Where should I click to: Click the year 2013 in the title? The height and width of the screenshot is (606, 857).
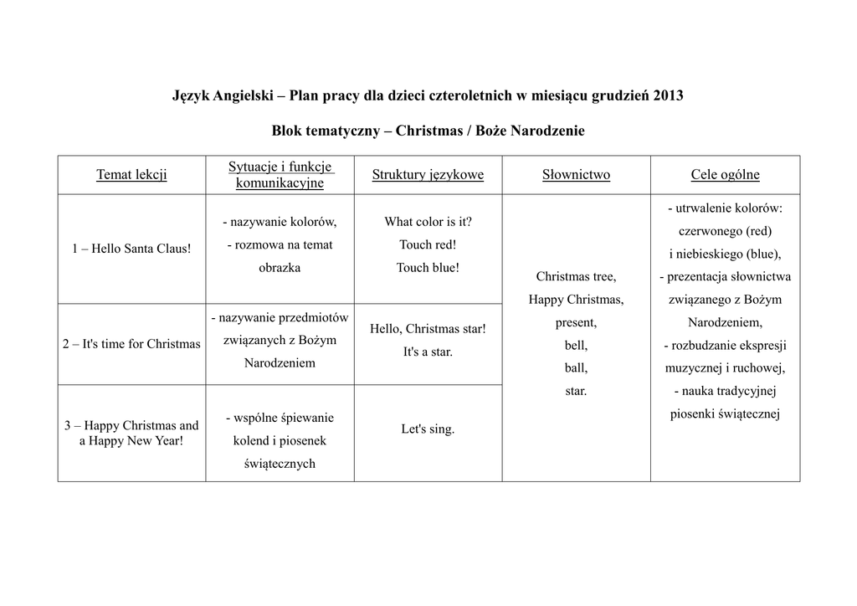coord(667,95)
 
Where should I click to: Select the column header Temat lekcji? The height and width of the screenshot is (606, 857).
coord(131,175)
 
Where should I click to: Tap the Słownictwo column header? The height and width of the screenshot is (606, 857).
coord(576,175)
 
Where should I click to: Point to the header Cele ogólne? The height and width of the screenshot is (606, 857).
coord(725,175)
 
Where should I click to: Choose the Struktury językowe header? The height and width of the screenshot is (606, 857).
coord(428,175)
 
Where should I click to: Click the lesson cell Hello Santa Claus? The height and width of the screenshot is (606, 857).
coord(131,249)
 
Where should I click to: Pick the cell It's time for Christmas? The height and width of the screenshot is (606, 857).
coord(131,344)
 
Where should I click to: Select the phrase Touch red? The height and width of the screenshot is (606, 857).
coord(428,245)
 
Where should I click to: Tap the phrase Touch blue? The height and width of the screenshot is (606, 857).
coord(428,269)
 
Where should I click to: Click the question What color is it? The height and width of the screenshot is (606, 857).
coord(428,222)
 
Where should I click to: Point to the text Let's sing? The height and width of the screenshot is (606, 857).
coord(428,429)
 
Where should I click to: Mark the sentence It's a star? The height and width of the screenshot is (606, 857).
coord(428,352)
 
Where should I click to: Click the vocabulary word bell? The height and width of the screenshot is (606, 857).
coord(576,345)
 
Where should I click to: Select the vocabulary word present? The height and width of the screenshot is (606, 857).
coord(576,322)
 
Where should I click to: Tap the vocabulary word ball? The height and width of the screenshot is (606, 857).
coord(576,367)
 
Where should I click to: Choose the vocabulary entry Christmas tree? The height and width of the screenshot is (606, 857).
coord(576,276)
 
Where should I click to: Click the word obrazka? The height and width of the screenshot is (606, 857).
coord(280,269)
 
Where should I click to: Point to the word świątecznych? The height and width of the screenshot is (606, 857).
coord(280,464)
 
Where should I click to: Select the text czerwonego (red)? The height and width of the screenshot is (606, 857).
coord(725,231)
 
